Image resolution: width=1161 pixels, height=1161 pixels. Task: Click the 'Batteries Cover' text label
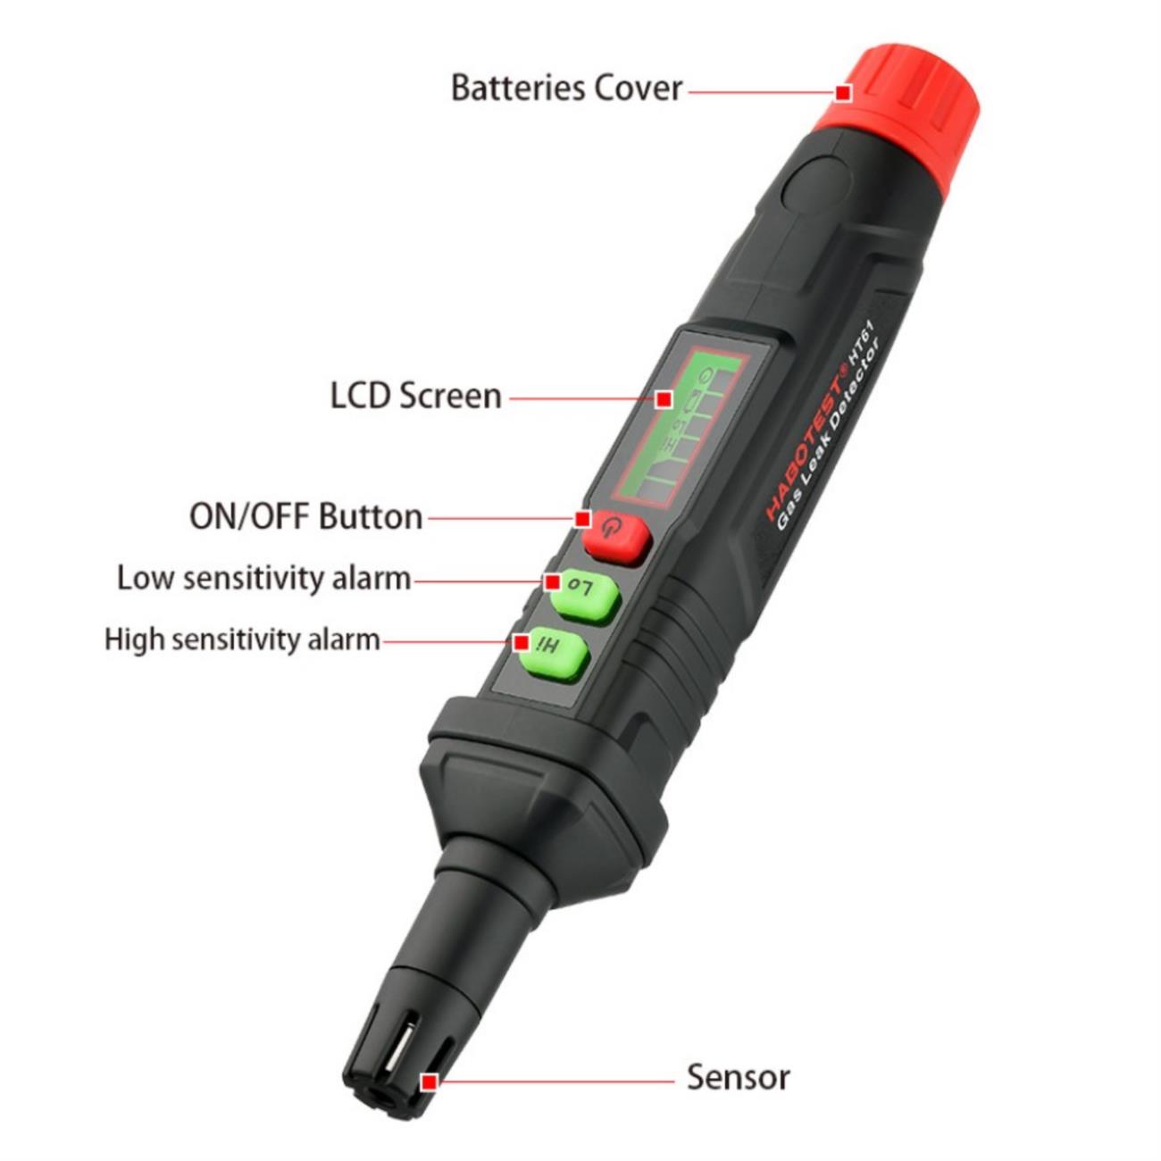pyautogui.click(x=566, y=88)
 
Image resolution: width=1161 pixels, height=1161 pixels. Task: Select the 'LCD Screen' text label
pyautogui.click(x=415, y=397)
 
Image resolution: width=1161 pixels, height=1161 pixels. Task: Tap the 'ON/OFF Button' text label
pyautogui.click(x=306, y=518)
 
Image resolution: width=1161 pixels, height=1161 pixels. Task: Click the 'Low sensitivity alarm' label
pyautogui.click(x=263, y=579)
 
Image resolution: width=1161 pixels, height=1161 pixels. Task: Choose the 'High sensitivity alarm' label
pyautogui.click(x=242, y=639)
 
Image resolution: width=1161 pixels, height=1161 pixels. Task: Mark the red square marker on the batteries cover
pyautogui.click(x=843, y=94)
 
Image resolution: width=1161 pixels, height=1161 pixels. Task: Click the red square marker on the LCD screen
pyautogui.click(x=664, y=399)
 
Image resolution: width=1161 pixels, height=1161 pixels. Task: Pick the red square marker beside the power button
pyautogui.click(x=582, y=519)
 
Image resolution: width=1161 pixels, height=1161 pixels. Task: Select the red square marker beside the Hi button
pyautogui.click(x=522, y=641)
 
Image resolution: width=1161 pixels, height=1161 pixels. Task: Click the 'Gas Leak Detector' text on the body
pyautogui.click(x=829, y=434)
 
